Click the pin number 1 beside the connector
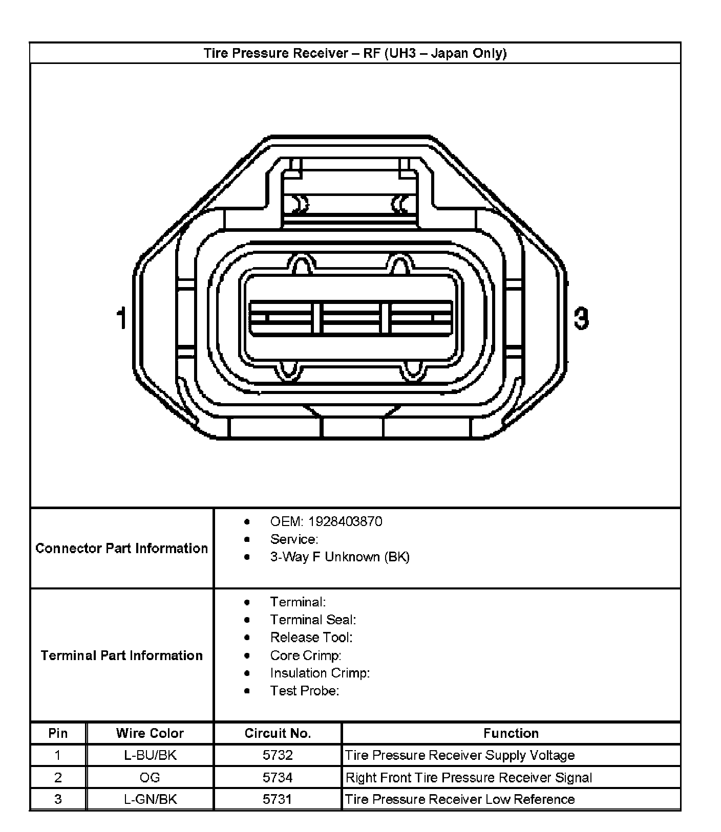tap(121, 318)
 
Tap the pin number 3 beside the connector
tap(581, 318)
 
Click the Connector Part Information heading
tap(122, 548)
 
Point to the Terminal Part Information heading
tap(122, 655)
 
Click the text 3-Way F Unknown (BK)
tap(340, 557)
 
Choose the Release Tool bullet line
tap(311, 638)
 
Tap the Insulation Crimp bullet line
tap(320, 673)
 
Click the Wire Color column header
tap(150, 733)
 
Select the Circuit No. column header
tap(278, 733)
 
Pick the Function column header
tap(511, 733)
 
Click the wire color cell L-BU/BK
tap(150, 755)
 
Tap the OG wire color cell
tap(150, 778)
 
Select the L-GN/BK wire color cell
tap(150, 799)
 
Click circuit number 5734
tap(278, 778)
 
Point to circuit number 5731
tap(278, 799)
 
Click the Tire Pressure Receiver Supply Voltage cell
tap(459, 755)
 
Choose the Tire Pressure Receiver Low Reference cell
tap(459, 799)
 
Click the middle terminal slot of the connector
tap(351, 318)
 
